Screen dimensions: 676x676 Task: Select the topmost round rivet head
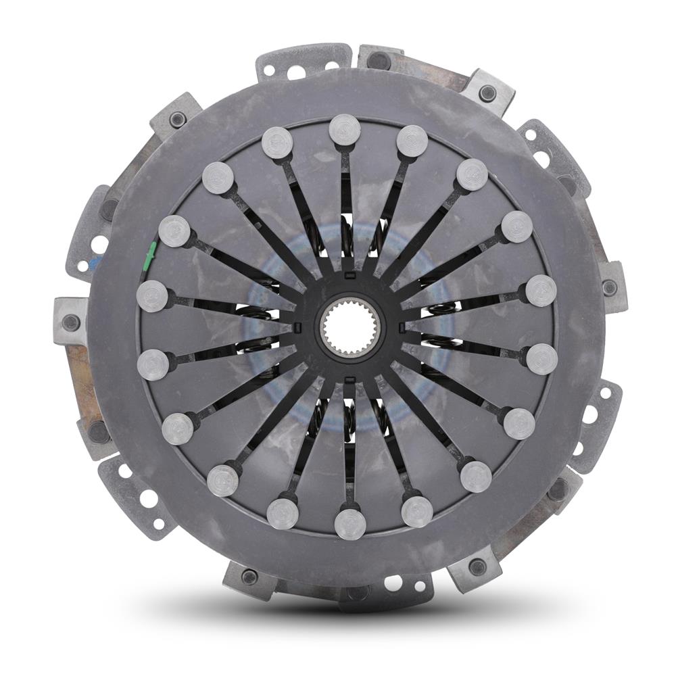pos(345,130)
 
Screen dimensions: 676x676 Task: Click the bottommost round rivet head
pos(349,524)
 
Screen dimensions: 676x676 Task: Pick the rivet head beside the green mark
pos(174,231)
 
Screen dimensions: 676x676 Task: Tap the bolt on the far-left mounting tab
pos(71,322)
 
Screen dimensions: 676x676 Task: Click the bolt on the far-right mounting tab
pos(610,288)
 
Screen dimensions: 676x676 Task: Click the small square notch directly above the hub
pos(347,276)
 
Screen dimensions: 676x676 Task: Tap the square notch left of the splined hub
pos(296,329)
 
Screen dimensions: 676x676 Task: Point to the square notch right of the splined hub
pos(402,329)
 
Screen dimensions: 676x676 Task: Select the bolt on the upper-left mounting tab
pos(178,120)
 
